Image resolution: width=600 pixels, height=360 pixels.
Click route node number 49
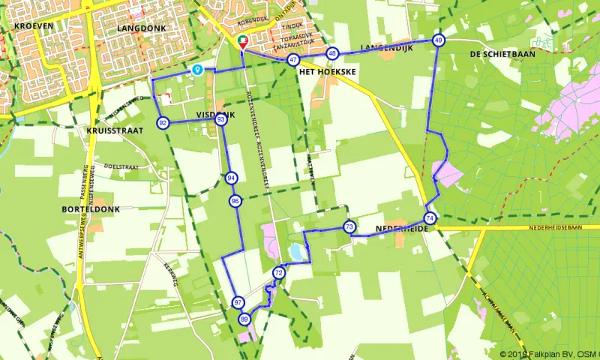[439, 40]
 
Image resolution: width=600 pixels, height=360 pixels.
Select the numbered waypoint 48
[332, 53]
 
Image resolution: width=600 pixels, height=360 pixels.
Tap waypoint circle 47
[293, 60]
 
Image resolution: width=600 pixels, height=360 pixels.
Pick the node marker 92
[163, 123]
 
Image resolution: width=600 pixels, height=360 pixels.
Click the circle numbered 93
[220, 119]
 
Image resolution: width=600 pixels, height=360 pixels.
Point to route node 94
[230, 178]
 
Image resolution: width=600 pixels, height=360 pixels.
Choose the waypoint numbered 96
[235, 201]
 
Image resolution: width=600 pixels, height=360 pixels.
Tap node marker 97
[238, 302]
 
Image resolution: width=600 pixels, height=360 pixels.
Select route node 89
[244, 319]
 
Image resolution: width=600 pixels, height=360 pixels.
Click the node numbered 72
[279, 273]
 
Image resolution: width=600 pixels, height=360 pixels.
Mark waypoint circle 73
[349, 226]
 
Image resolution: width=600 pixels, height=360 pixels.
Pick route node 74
[429, 217]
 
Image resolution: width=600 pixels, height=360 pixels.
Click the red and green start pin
[242, 42]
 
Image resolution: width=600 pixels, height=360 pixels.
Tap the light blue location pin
[197, 70]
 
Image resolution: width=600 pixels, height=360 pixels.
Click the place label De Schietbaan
[496, 55]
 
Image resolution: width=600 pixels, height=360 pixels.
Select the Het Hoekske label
[326, 71]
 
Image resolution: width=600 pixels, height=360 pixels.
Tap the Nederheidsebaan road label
[554, 226]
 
